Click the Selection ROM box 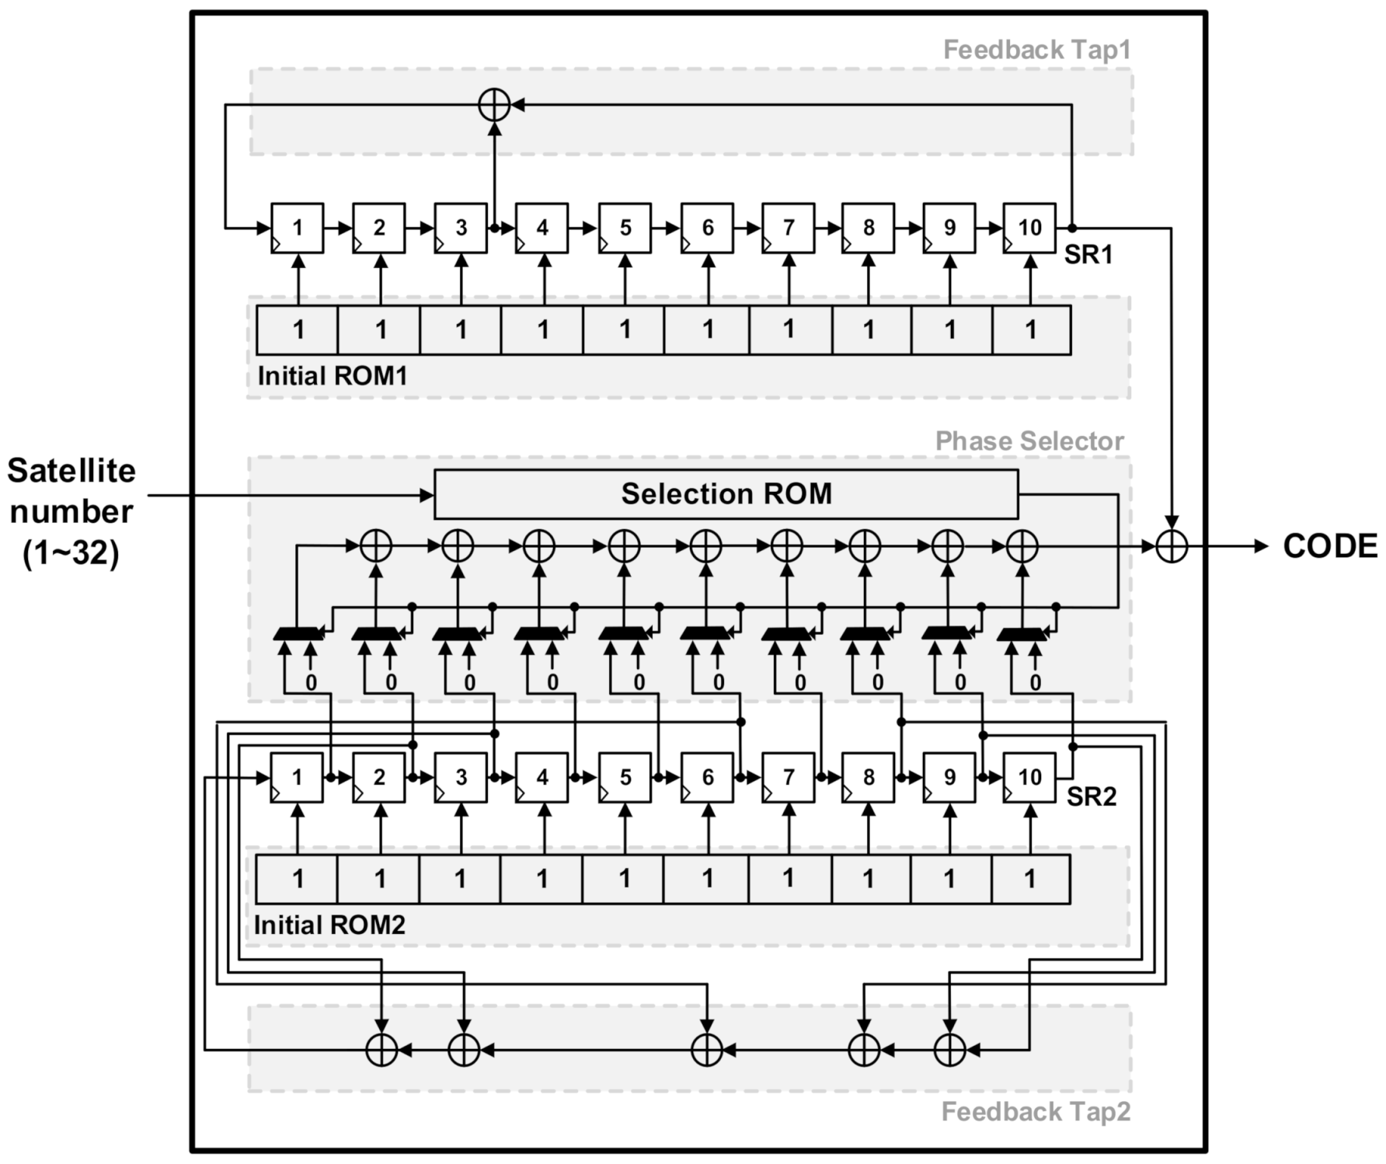(x=726, y=494)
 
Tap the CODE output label (x=1329, y=546)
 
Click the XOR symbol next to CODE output (x=1172, y=546)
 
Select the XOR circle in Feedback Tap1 (x=494, y=104)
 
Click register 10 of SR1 (x=1029, y=228)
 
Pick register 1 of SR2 (x=297, y=777)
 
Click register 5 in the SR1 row (x=625, y=228)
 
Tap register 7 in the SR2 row (x=788, y=777)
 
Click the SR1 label (x=1088, y=254)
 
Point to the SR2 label (x=1091, y=796)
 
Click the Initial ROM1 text (x=333, y=376)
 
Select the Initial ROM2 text (x=329, y=925)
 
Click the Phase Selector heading (x=1029, y=441)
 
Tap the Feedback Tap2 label (x=1035, y=1112)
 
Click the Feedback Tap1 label (x=1036, y=50)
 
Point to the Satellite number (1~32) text (x=71, y=511)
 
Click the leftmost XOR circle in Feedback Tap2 (x=381, y=1051)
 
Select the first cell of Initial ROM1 (x=298, y=330)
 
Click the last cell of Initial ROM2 (x=1030, y=879)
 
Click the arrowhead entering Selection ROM (x=427, y=495)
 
